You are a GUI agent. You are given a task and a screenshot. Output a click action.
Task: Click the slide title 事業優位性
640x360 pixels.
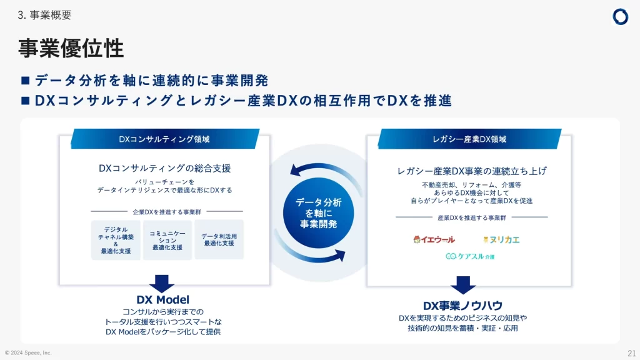(71, 48)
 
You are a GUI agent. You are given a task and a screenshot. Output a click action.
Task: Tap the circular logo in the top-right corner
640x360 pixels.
(620, 17)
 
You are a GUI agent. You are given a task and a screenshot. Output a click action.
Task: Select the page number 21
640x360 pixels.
(631, 352)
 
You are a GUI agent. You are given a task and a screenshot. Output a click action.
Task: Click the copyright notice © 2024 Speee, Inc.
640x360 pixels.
(28, 352)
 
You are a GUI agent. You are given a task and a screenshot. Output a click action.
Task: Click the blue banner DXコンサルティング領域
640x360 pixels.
(164, 139)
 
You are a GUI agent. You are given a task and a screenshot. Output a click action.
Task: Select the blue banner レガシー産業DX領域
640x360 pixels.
(469, 139)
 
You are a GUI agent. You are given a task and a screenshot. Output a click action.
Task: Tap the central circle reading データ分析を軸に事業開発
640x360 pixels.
(319, 213)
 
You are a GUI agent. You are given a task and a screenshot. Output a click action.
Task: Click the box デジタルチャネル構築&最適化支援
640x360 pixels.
(116, 240)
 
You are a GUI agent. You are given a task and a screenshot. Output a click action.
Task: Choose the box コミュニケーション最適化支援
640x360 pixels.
(167, 240)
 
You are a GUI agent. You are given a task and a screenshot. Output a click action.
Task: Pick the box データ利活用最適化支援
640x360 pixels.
(219, 240)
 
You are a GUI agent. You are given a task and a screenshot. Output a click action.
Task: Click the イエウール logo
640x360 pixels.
(434, 239)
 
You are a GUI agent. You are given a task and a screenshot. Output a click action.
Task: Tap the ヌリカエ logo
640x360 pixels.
(501, 239)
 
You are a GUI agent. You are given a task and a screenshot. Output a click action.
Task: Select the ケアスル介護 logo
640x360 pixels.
(469, 256)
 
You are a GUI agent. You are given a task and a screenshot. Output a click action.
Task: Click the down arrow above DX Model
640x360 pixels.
(162, 283)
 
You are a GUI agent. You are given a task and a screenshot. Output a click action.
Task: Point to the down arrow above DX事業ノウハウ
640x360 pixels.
(463, 284)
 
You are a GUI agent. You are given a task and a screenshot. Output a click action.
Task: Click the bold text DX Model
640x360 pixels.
(162, 300)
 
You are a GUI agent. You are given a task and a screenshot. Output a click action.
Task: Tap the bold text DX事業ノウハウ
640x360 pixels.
(463, 305)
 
